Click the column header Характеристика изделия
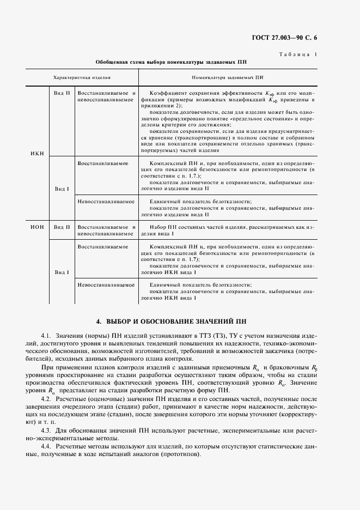pyautogui.click(x=82, y=77)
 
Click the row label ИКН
pyautogui.click(x=38, y=153)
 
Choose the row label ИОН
pyautogui.click(x=38, y=227)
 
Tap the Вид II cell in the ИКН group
pyautogui.click(x=62, y=93)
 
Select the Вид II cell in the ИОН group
pyautogui.click(x=62, y=227)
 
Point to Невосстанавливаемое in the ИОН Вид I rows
pyautogui.click(x=106, y=284)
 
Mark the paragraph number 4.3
pyautogui.click(x=46, y=431)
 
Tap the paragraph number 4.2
pyautogui.click(x=46, y=401)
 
